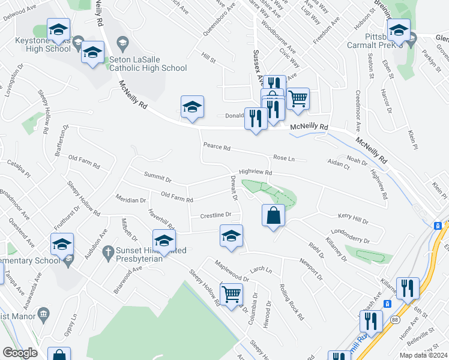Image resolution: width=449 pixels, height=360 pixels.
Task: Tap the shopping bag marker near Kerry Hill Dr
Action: coord(273,216)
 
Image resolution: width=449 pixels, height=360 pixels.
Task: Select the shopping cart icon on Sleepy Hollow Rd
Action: coord(231,294)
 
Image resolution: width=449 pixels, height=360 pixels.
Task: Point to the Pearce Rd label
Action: coord(217,145)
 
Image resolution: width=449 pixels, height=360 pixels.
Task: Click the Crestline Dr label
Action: coord(215,214)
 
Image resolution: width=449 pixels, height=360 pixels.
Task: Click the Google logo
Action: coord(20,353)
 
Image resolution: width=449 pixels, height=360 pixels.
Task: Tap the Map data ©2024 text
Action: coord(423,355)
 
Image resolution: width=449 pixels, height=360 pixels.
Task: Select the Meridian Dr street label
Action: coord(131,200)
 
